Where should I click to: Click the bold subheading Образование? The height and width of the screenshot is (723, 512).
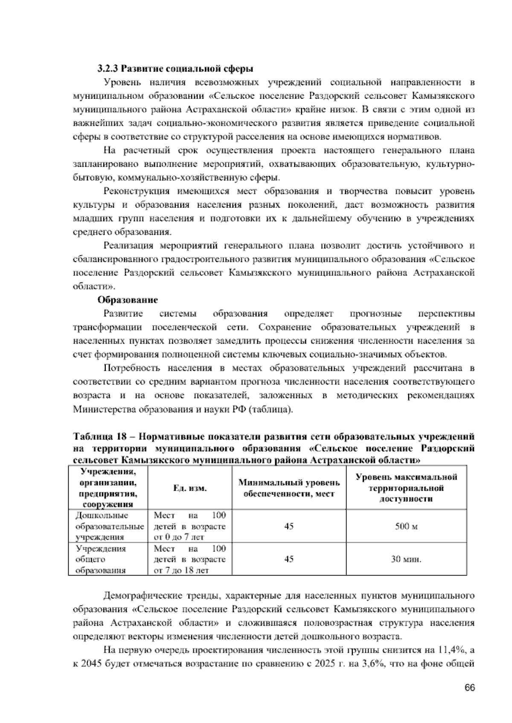128,300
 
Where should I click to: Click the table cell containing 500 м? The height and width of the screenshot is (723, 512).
406,526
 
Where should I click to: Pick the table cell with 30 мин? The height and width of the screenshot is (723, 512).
406,559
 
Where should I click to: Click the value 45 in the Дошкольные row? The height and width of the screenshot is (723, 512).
289,526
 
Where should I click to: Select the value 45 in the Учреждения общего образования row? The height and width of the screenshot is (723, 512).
289,559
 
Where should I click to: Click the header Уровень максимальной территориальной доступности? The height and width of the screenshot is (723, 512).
406,488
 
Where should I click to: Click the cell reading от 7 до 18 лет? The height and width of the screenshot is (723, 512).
181,570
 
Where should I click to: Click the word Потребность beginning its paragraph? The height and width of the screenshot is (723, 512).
131,368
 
